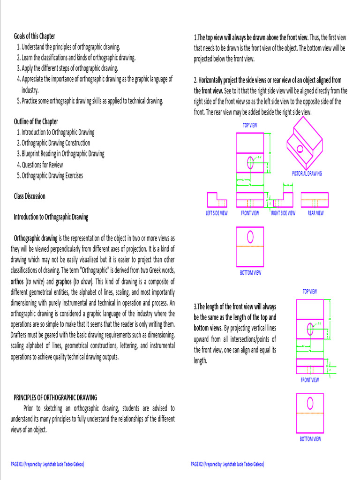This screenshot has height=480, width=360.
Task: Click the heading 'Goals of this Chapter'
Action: pyautogui.click(x=34, y=36)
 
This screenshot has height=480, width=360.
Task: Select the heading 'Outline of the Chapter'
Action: pyautogui.click(x=36, y=121)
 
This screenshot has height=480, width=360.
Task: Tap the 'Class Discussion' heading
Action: pyautogui.click(x=30, y=196)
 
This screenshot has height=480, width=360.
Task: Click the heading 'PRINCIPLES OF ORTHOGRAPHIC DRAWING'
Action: pyautogui.click(x=55, y=397)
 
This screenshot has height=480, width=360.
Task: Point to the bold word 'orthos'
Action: pyautogui.click(x=17, y=281)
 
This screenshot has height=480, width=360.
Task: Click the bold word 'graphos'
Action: pyautogui.click(x=63, y=281)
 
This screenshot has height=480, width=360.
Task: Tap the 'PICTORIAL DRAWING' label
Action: pyautogui.click(x=307, y=173)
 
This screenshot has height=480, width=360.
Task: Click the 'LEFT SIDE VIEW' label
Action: pyautogui.click(x=217, y=213)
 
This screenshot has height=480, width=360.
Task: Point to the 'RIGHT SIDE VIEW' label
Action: pyautogui.click(x=283, y=213)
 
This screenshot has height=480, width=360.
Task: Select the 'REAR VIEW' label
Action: pyautogui.click(x=315, y=213)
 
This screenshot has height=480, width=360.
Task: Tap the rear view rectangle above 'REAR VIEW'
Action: pyautogui.click(x=315, y=199)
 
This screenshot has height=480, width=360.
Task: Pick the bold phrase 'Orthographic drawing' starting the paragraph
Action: pyautogui.click(x=36, y=238)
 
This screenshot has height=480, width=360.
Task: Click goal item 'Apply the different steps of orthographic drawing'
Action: pyautogui.click(x=67, y=68)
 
